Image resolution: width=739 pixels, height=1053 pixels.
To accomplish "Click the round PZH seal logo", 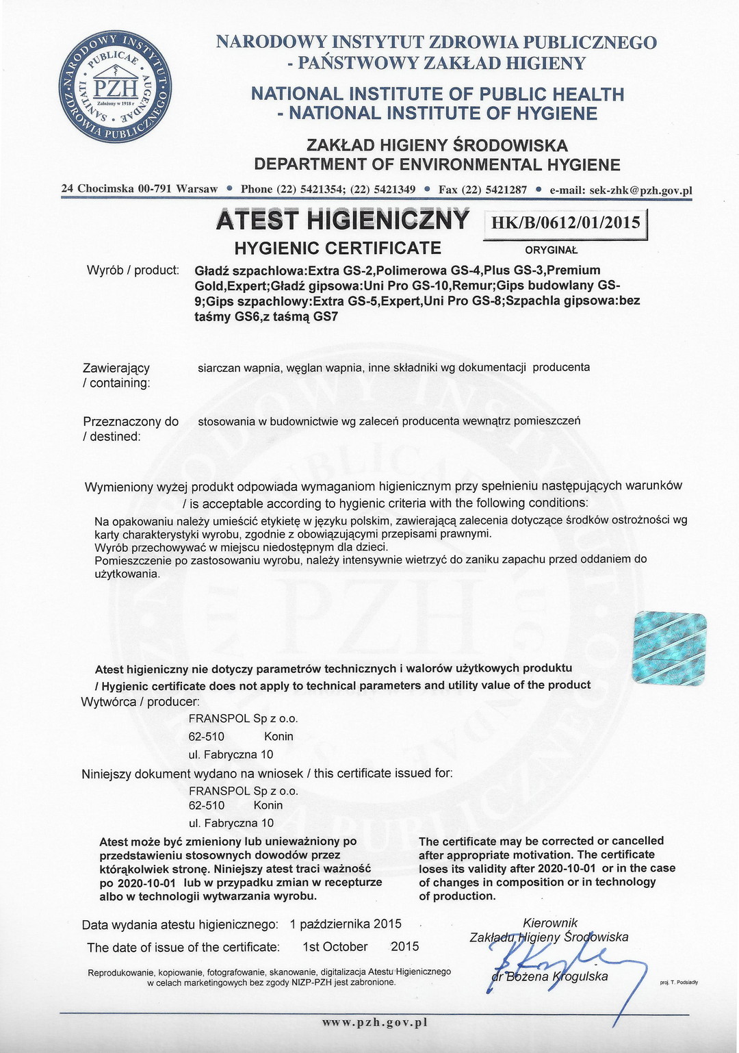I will pyautogui.click(x=117, y=87).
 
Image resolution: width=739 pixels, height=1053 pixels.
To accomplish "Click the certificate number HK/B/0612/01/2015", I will pyautogui.click(x=565, y=222).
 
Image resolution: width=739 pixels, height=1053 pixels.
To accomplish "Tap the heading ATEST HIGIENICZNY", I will pyautogui.click(x=342, y=220).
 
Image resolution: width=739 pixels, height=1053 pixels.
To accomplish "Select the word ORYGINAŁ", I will pyautogui.click(x=552, y=250).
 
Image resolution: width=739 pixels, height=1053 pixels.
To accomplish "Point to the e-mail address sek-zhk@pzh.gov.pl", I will pyautogui.click(x=621, y=190).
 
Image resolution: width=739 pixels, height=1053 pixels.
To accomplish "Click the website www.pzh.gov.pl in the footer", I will pyautogui.click(x=375, y=1022).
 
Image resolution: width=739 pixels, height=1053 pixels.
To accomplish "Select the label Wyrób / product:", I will pyautogui.click(x=133, y=270).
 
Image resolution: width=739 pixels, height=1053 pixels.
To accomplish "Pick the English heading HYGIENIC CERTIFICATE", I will pyautogui.click(x=338, y=248).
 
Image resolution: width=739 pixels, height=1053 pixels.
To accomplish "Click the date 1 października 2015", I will pyautogui.click(x=346, y=924).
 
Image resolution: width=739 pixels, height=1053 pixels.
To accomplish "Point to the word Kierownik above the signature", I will pyautogui.click(x=550, y=923).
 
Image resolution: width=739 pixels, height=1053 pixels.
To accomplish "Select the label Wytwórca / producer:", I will pyautogui.click(x=140, y=702).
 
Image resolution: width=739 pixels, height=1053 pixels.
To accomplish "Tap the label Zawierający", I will pyautogui.click(x=116, y=368).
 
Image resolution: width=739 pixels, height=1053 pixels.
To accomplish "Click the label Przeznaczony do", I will pyautogui.click(x=130, y=422).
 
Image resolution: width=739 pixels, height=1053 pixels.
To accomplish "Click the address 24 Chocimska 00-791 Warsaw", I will pyautogui.click(x=140, y=189).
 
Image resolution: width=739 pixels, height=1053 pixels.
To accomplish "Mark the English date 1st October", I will pyautogui.click(x=335, y=947).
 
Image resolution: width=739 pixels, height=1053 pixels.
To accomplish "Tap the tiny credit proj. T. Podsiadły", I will pyautogui.click(x=679, y=982).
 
